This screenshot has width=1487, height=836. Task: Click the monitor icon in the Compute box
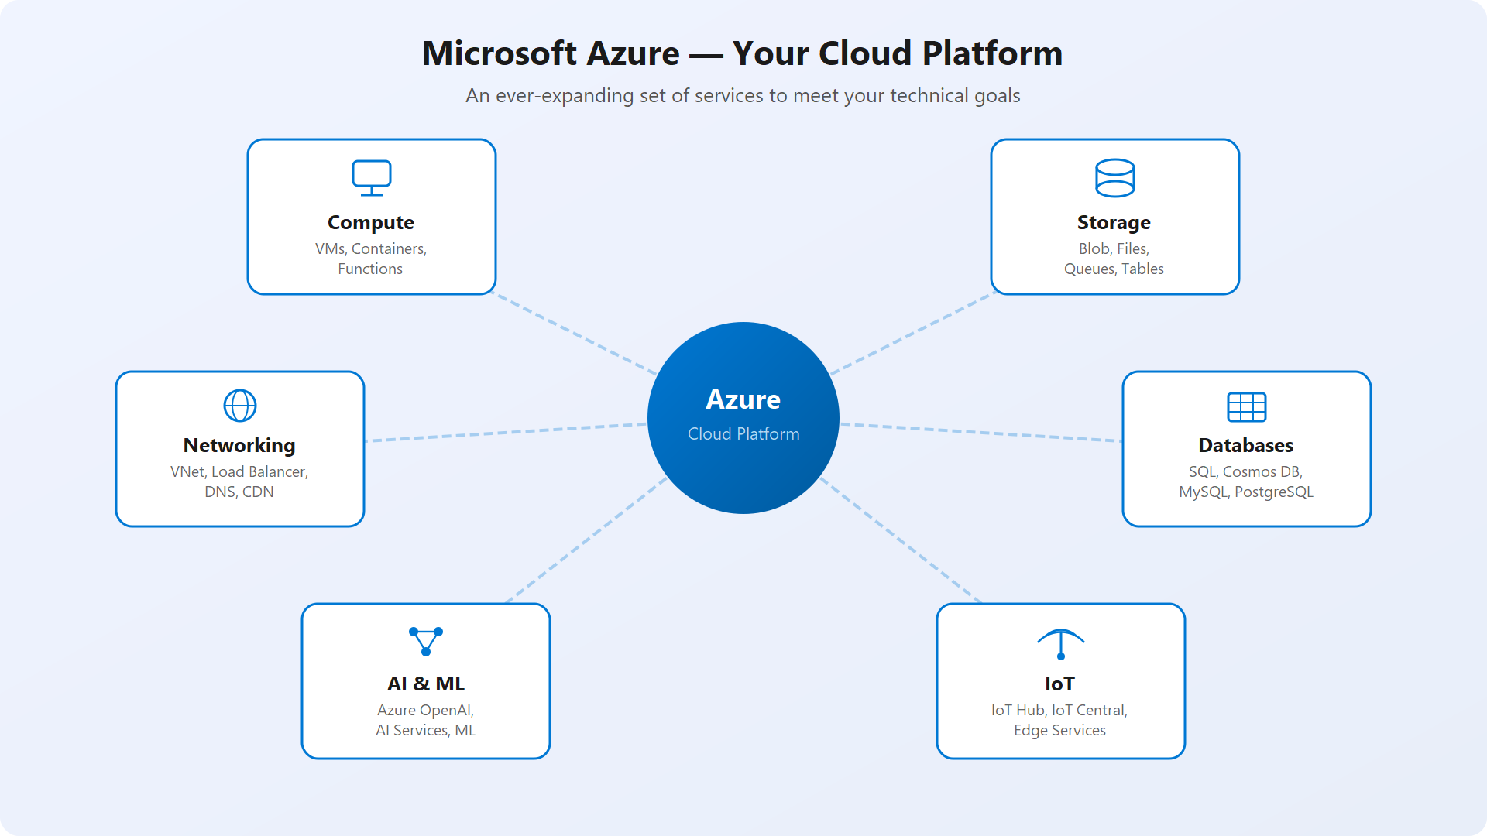(372, 177)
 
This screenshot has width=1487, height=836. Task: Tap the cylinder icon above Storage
(1114, 178)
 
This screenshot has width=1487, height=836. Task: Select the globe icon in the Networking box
(240, 405)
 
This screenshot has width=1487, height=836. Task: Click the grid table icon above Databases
(1246, 406)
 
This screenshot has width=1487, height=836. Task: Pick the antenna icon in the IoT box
(1060, 643)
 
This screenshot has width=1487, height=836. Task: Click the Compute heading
(371, 223)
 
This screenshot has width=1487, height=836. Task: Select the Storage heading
(1114, 223)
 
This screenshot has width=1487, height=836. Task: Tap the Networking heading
(239, 446)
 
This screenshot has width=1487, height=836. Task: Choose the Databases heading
(1245, 446)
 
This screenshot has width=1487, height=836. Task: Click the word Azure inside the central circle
(743, 399)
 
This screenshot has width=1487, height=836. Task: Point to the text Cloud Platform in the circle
(743, 434)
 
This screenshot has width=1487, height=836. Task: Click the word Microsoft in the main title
(499, 53)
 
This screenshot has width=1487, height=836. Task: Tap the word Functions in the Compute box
(370, 269)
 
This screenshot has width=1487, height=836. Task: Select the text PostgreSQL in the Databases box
(1273, 492)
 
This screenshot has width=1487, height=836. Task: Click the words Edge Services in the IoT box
(1059, 731)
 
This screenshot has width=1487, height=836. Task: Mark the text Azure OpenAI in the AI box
(424, 711)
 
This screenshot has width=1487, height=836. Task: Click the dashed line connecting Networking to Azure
(503, 432)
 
